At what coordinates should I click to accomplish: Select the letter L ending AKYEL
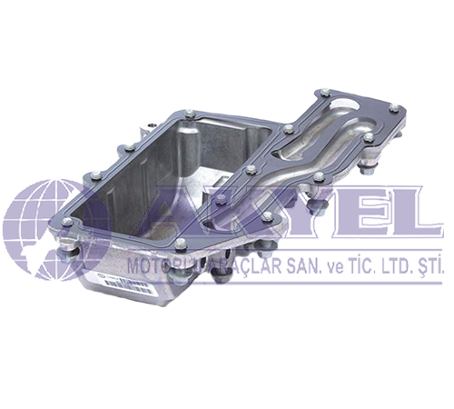pyautogui.click(x=400, y=218)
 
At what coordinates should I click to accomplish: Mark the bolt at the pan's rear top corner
pyautogui.click(x=188, y=114)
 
